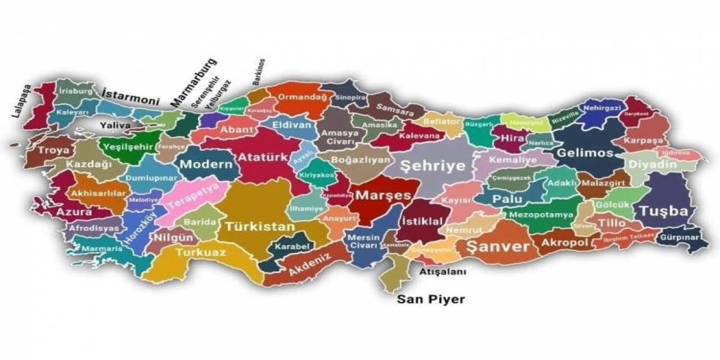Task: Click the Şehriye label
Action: (x=433, y=165)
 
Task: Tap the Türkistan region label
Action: (x=260, y=227)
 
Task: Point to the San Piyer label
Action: (x=431, y=299)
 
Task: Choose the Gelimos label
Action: (x=584, y=153)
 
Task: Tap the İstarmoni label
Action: (x=130, y=97)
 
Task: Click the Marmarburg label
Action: (x=193, y=82)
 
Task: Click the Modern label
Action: (x=206, y=164)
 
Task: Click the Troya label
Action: (x=54, y=151)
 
